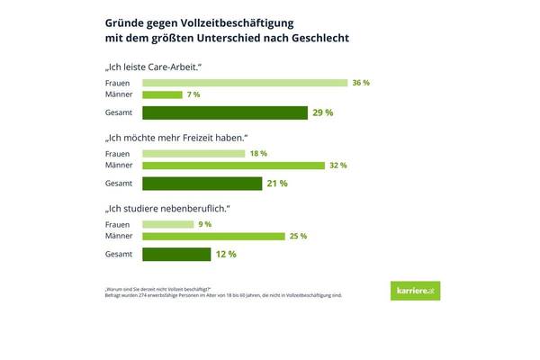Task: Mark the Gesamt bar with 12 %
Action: (x=175, y=255)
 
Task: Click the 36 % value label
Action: (x=361, y=83)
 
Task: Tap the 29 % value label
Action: (x=323, y=113)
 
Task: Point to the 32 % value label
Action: (x=337, y=166)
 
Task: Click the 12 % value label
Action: (x=226, y=255)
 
